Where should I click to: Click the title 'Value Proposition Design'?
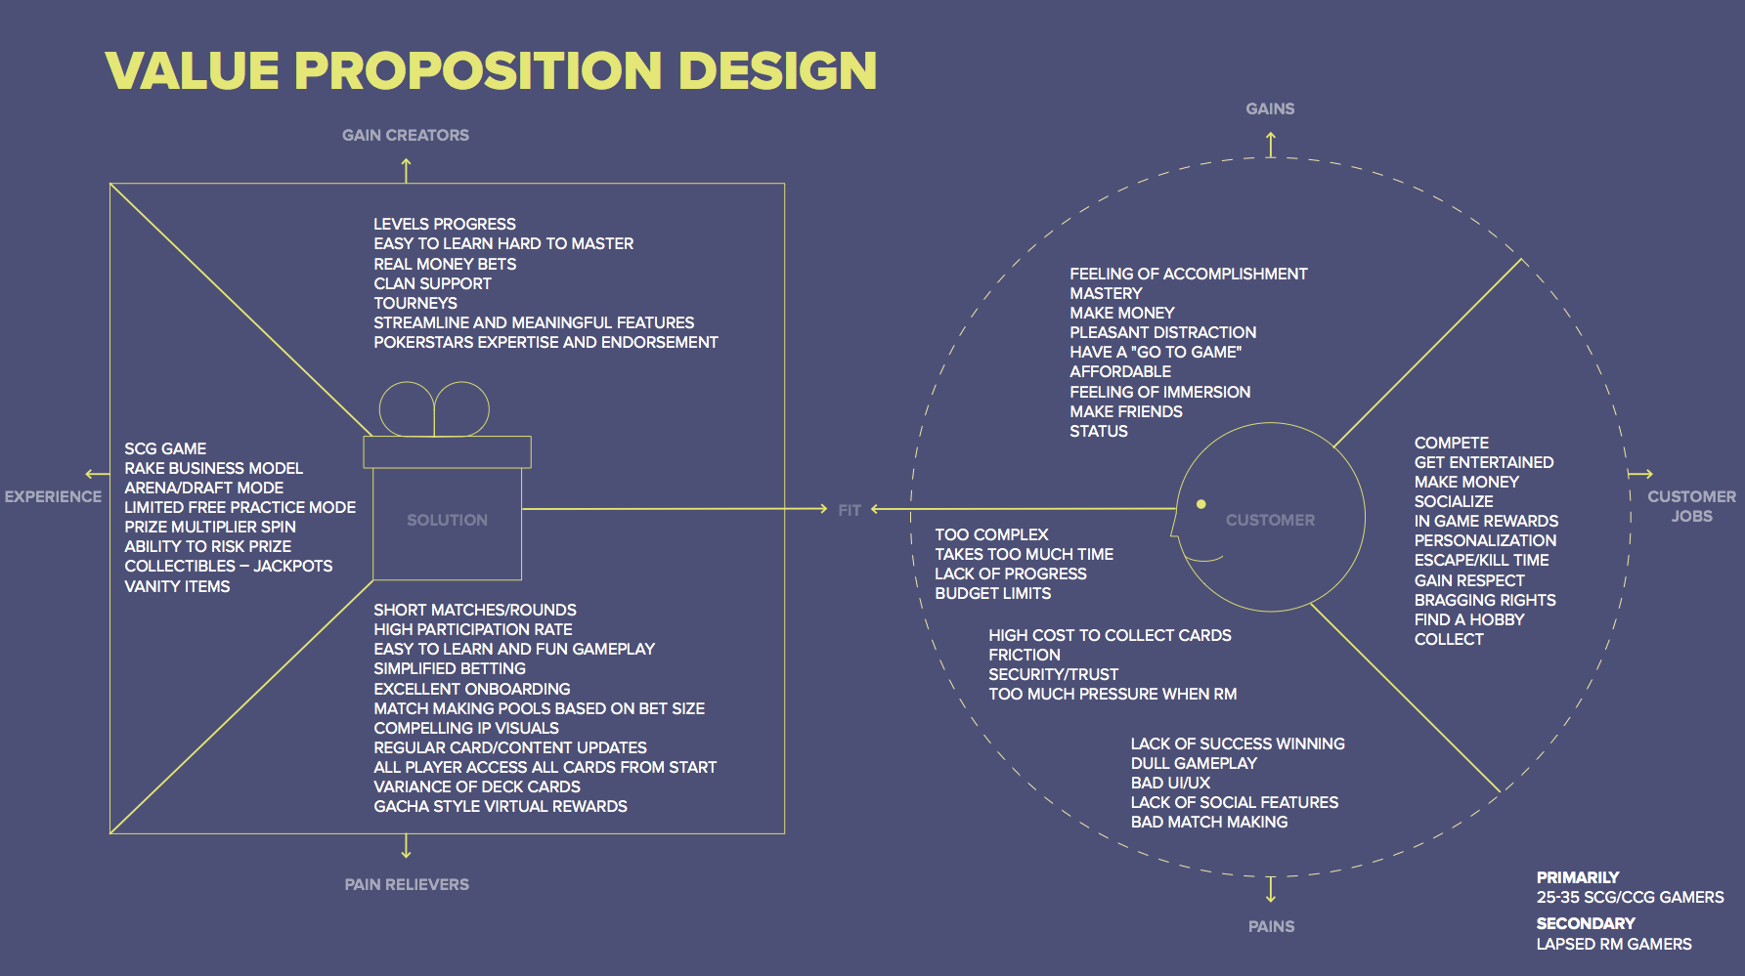pyautogui.click(x=490, y=70)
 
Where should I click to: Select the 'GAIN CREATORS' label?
pyautogui.click(x=405, y=135)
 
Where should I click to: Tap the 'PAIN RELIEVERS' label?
pyautogui.click(x=407, y=884)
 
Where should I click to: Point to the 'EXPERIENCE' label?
pyautogui.click(x=53, y=496)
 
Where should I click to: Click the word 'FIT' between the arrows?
pyautogui.click(x=850, y=510)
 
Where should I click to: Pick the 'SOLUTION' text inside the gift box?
pyautogui.click(x=447, y=520)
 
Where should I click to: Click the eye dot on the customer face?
pyautogui.click(x=1201, y=504)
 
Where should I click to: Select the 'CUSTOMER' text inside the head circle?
pyautogui.click(x=1270, y=520)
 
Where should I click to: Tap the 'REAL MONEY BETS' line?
pyautogui.click(x=445, y=264)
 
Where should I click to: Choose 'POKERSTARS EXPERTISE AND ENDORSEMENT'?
pyautogui.click(x=545, y=342)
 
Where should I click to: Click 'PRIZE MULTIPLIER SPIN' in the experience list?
pyautogui.click(x=210, y=527)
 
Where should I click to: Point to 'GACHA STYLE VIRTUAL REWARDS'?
pyautogui.click(x=501, y=806)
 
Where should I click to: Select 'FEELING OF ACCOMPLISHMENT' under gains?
pyautogui.click(x=1188, y=274)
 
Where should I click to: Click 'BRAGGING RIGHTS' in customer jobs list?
pyautogui.click(x=1485, y=600)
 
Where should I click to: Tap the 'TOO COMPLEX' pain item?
pyautogui.click(x=991, y=534)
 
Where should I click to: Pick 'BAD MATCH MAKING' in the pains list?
pyautogui.click(x=1209, y=822)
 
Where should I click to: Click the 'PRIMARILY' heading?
pyautogui.click(x=1577, y=877)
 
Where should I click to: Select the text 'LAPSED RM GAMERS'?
pyautogui.click(x=1613, y=944)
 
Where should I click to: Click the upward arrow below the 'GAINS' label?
pyautogui.click(x=1271, y=145)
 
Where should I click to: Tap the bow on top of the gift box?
pyautogui.click(x=434, y=408)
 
